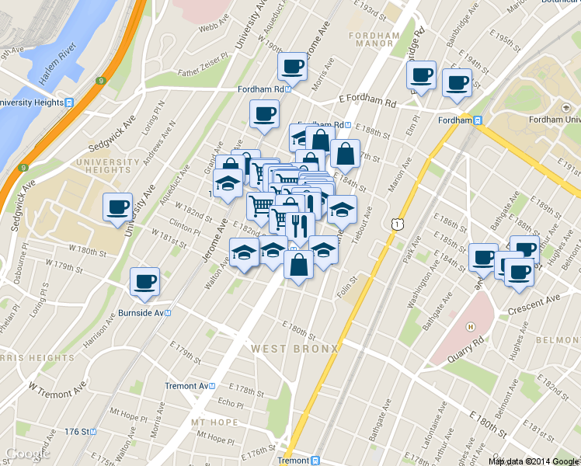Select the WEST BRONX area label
tap(294, 349)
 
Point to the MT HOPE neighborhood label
tap(214, 422)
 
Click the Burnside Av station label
tap(144, 313)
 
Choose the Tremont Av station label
tap(188, 386)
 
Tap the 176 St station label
tap(78, 431)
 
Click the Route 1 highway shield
tap(398, 224)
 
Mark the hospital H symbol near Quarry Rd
tap(471, 326)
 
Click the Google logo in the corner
tap(28, 454)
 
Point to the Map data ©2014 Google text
tap(534, 461)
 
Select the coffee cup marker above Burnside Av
tap(144, 283)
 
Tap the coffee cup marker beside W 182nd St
tap(118, 207)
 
